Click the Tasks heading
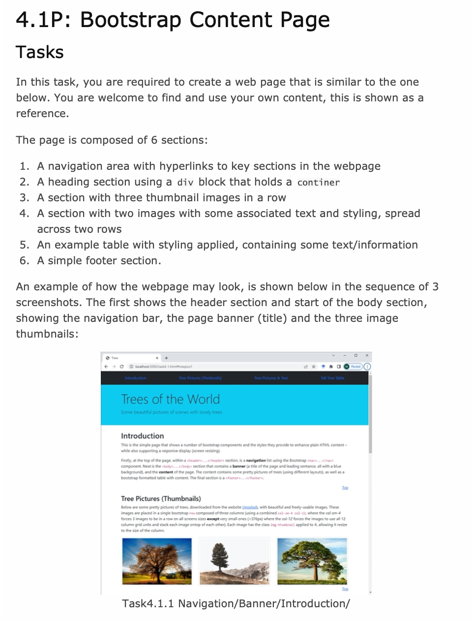pos(40,52)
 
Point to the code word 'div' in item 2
pos(185,183)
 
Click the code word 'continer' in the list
pos(318,183)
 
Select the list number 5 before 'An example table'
pos(25,245)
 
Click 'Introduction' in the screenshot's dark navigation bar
pos(135,378)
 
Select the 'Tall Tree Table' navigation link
pos(332,378)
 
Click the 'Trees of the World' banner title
pos(170,399)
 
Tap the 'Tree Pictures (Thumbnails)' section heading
pos(161,498)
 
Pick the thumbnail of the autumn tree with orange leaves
pos(157,561)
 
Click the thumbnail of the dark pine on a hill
pos(234,561)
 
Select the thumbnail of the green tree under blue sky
pos(312,561)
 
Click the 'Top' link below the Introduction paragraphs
pos(345,488)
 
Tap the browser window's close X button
pos(367,355)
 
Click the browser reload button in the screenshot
pos(121,367)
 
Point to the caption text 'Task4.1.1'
pos(148,604)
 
